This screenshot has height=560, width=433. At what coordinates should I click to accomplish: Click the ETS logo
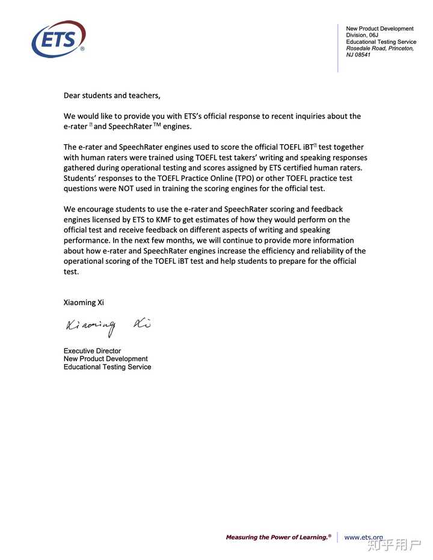(x=58, y=39)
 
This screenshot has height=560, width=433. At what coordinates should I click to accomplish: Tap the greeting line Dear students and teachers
(x=112, y=95)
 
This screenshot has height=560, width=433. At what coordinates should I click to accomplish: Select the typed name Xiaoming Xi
(x=88, y=302)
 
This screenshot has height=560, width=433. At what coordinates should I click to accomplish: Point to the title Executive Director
(x=92, y=351)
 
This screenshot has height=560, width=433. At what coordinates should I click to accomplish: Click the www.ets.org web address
(x=363, y=537)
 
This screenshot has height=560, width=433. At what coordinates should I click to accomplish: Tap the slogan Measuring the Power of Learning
(x=278, y=537)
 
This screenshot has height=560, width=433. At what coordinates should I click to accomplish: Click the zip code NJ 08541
(x=358, y=55)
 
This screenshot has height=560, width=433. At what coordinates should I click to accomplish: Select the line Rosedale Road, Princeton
(x=379, y=48)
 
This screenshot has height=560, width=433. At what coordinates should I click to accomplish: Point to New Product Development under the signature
(x=105, y=359)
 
